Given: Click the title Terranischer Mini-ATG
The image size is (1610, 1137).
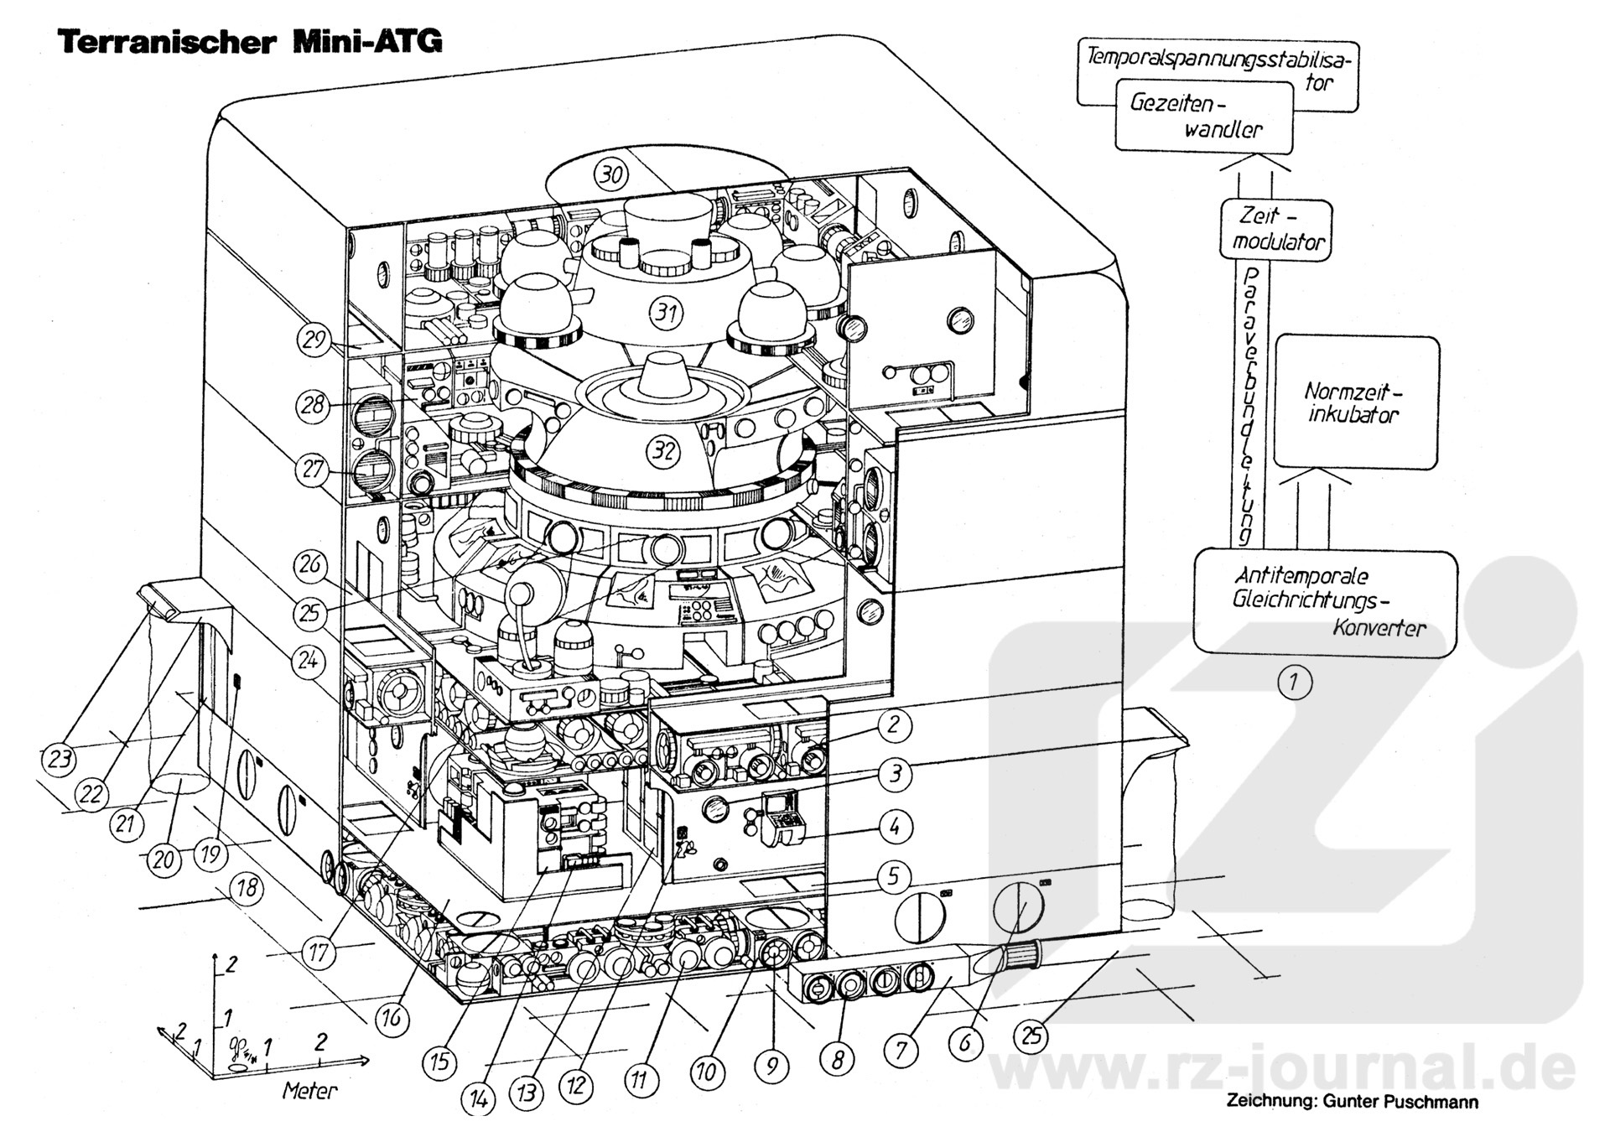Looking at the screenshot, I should [249, 41].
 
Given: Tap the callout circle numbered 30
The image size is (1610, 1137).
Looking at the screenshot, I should [611, 174].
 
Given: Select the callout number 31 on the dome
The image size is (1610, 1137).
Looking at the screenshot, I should [667, 313].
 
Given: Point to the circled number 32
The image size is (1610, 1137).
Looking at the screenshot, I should [663, 451].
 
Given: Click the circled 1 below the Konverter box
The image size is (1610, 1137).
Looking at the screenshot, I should [1294, 682].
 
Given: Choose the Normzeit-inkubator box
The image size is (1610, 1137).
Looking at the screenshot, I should [1356, 402].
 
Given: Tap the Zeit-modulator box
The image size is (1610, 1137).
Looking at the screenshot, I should [1275, 229].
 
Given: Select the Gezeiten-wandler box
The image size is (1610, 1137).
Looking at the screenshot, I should [1202, 116].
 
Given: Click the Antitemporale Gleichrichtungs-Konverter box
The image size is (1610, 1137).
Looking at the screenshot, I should [1324, 602].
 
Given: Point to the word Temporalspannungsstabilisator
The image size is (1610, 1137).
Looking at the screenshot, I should [1220, 59].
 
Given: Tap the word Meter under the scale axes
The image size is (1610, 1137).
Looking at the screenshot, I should [309, 1091].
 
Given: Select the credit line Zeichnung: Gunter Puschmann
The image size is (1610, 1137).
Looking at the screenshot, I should [1352, 1102].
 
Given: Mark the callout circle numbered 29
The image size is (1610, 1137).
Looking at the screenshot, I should [314, 340].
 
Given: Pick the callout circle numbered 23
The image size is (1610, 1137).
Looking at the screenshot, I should [59, 761].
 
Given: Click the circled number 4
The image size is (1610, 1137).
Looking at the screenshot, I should [895, 828].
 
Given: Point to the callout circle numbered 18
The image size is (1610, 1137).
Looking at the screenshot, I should [246, 888].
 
